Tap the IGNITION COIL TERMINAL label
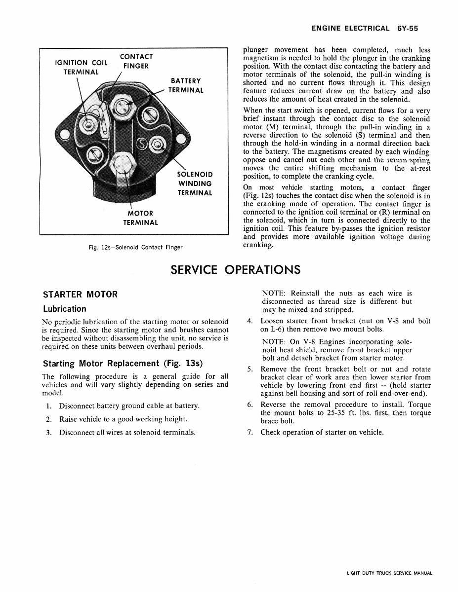tap(81, 67)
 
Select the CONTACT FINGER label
tap(136, 62)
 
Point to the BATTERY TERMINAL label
tap(185, 85)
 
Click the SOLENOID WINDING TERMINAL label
tap(195, 184)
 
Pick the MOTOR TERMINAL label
tap(140, 218)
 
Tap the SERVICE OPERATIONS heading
tap(235, 270)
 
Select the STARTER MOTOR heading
tap(81, 295)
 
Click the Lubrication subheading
tap(64, 309)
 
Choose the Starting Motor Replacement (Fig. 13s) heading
tap(123, 364)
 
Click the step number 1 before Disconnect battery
tap(48, 406)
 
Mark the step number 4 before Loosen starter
tap(250, 321)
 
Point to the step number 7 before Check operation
tap(250, 433)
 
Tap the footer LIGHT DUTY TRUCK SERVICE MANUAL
tap(389, 573)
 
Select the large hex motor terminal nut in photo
tap(124, 164)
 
